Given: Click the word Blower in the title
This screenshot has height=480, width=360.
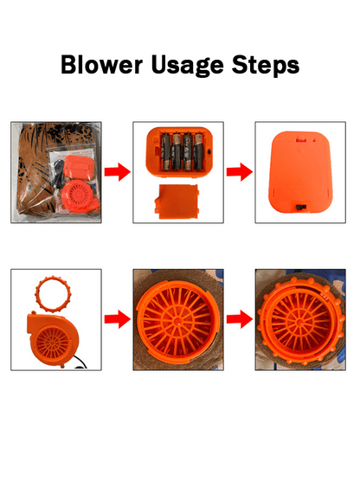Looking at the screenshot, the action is coord(102,65).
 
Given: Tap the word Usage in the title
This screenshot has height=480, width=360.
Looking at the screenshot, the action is coord(188,66).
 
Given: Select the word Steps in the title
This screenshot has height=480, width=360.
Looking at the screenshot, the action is coord(266,66).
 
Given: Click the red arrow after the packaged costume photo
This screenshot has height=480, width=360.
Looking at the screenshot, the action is coord(118,172).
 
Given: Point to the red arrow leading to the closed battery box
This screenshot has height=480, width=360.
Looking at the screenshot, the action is coord(240,172).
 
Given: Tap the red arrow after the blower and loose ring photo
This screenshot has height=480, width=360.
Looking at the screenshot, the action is coord(118,319).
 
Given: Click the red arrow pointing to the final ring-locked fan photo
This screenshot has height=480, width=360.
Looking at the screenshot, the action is coord(240,319).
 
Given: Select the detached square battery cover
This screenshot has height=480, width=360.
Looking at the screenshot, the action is coord(177,202).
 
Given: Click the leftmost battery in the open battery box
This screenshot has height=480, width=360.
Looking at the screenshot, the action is coord(166,151).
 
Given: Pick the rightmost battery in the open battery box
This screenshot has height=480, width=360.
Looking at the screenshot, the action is coord(198,151).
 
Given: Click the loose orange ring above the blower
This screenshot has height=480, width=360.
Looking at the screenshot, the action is coord(53,293).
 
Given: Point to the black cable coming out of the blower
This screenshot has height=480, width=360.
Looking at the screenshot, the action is coord(80,363).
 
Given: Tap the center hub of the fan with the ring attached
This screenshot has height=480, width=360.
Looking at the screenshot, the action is coord(299,323).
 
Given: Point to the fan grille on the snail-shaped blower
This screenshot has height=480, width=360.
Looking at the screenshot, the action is coord(53,342).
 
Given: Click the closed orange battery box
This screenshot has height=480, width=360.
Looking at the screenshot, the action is coord(300,172).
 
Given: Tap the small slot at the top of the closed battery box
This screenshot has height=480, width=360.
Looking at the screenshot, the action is coord(301,140).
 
